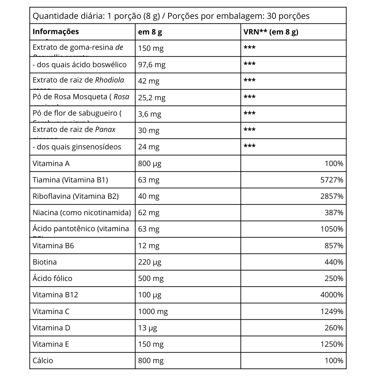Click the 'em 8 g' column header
point(150,32)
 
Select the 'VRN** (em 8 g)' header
point(271,32)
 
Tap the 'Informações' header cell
point(56,32)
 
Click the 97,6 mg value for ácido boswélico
point(152,65)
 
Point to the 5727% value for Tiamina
point(331,180)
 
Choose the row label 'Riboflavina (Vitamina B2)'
point(76,196)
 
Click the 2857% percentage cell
point(331,196)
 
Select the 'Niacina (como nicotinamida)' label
point(82,213)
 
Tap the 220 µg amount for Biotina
point(150,262)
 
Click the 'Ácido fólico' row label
point(52,279)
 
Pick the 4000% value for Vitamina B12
point(331,295)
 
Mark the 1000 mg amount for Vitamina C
point(153,312)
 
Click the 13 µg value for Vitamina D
point(148,328)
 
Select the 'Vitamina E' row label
point(51,344)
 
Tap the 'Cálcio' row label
point(43,361)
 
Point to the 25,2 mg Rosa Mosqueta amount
point(152,98)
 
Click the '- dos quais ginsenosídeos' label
point(77,147)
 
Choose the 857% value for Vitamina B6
point(334,246)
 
